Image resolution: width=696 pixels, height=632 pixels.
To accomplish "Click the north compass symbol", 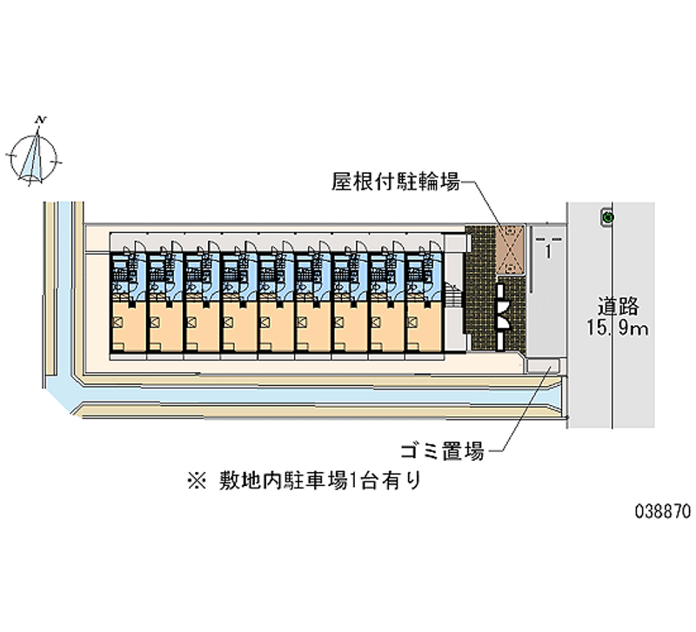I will pos(34,156).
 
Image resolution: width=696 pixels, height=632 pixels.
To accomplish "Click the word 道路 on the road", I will pos(619,306).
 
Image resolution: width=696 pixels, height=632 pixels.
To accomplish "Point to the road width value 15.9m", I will pos(619,329).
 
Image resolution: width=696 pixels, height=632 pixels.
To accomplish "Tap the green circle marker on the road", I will pos(608,216).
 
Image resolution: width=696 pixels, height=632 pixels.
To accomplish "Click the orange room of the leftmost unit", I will pos(127,326).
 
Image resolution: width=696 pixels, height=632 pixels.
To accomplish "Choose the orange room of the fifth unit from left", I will pos(275,326).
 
